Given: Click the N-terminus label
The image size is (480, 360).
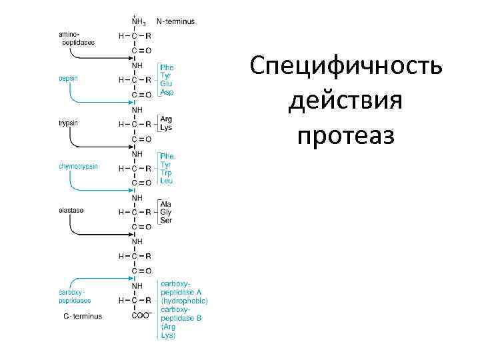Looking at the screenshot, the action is coord(175,21).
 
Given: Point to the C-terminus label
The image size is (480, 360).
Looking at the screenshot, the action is coord(83,316).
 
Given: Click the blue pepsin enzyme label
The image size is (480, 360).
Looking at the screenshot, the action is coord(67,79).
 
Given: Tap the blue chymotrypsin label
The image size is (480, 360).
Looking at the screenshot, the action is coord(79,166).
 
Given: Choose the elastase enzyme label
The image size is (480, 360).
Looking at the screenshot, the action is coord(71,210).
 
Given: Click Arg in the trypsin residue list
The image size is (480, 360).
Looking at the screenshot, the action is coord(166,119).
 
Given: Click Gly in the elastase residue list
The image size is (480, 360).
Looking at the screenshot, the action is coord(165,212).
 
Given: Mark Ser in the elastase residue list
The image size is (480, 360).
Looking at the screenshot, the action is coord(165,220).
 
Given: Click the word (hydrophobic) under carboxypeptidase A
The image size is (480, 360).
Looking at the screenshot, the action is coord(183,301).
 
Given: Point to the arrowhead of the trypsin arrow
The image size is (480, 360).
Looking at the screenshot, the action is coord(131,146).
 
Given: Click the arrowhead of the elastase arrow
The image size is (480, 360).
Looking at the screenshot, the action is coord(131,234).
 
